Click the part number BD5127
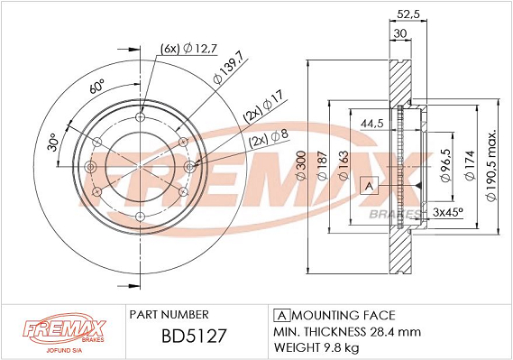(194, 336)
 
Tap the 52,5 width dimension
(408, 14)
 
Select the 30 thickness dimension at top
(399, 33)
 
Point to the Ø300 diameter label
(300, 165)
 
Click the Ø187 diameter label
(322, 165)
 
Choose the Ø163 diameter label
(344, 165)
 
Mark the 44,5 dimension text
(371, 124)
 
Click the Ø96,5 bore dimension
(446, 165)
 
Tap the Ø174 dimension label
(470, 165)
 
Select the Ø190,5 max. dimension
(491, 165)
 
